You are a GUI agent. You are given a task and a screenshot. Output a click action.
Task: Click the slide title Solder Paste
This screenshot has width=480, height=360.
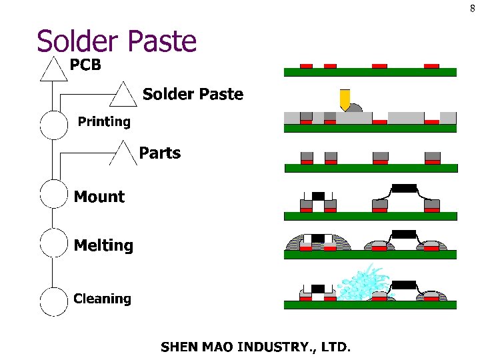tap(117, 41)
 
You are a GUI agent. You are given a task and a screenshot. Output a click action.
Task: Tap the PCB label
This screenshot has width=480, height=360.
tap(85, 65)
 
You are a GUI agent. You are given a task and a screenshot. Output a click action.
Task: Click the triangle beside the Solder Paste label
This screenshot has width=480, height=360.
tap(123, 95)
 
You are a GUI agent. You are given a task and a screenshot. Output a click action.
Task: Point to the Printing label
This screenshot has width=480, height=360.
tap(104, 121)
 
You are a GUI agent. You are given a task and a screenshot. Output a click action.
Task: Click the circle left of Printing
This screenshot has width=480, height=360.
tap(54, 125)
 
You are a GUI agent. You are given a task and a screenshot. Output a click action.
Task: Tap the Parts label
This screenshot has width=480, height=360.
tap(159, 153)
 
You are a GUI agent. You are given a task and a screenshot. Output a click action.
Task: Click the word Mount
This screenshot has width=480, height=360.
tap(99, 197)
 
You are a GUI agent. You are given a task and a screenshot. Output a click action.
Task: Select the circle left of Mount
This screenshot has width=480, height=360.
tap(54, 193)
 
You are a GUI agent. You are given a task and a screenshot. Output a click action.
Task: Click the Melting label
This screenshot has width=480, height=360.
tap(103, 245)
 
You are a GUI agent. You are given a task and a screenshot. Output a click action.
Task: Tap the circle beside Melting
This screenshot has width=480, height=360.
tap(54, 243)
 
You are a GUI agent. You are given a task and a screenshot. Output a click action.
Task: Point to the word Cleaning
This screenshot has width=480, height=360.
tap(102, 299)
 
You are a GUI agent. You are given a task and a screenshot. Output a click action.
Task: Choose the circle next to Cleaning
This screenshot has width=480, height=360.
tap(54, 301)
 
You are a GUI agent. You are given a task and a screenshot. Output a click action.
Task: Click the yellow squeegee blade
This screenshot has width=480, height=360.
tap(345, 99)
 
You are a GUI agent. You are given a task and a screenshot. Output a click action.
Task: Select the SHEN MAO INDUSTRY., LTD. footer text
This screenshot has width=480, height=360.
tap(255, 347)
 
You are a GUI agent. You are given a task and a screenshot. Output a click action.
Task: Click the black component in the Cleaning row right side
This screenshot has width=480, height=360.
tap(403, 285)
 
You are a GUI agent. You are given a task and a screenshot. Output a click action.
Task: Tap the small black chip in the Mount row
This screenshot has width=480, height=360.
tap(318, 195)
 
